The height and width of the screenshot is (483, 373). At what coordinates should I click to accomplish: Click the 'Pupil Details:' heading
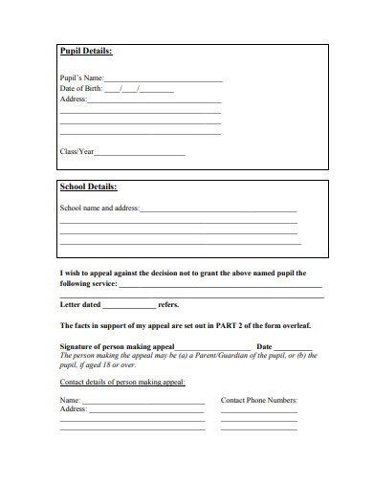(86, 51)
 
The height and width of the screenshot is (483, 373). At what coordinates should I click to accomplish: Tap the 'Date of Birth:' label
(80, 89)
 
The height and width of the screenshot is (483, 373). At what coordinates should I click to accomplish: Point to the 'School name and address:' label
(99, 208)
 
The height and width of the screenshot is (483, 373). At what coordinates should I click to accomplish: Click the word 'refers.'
(168, 305)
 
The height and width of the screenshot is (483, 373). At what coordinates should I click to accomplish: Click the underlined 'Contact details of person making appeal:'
(122, 382)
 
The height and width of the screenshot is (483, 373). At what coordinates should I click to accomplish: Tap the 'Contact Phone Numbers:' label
(259, 400)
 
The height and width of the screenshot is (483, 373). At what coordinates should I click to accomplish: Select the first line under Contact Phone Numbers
(259, 411)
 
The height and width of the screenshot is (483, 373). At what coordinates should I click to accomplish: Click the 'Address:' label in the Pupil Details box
(74, 99)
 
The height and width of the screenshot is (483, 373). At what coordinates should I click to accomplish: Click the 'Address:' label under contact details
(74, 408)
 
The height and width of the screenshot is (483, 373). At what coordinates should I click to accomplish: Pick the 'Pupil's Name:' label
(80, 79)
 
